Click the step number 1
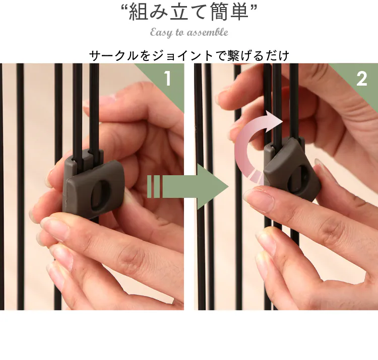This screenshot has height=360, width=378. [x=167, y=78]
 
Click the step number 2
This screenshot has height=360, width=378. [x=361, y=79]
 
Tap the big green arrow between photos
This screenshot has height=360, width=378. [x=188, y=187]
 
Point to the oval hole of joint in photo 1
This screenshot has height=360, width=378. [x=100, y=195]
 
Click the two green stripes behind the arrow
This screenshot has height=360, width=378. [x=153, y=187]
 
